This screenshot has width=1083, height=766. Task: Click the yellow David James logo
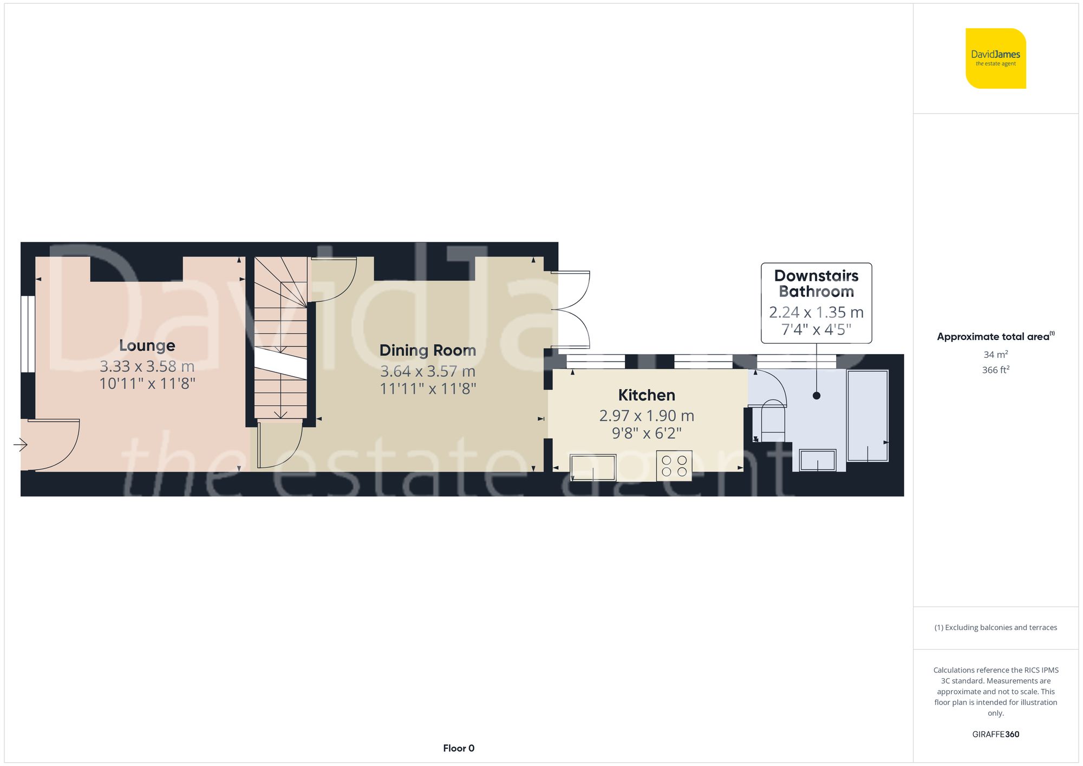[995, 58]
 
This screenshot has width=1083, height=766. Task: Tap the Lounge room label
[147, 345]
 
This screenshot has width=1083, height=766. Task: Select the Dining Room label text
[427, 350]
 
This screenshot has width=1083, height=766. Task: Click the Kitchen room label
[647, 395]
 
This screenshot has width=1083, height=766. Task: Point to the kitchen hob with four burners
[674, 466]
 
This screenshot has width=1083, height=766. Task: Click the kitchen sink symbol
[593, 467]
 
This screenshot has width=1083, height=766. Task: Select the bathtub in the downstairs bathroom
[867, 416]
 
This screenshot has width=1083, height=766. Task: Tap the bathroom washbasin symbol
[818, 460]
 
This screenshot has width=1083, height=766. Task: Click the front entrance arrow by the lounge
[21, 445]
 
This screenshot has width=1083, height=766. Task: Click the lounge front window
[28, 334]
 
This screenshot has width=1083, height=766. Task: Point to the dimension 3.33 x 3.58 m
[147, 366]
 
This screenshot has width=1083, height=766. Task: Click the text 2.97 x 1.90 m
[647, 416]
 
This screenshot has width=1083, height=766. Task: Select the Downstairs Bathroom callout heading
[816, 284]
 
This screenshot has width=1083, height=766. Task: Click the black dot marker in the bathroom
[817, 396]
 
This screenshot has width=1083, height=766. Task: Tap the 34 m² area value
[995, 355]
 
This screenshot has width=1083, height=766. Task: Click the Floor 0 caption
[459, 748]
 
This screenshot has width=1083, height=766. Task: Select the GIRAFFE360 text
[995, 735]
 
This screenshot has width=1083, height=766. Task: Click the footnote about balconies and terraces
[995, 627]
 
